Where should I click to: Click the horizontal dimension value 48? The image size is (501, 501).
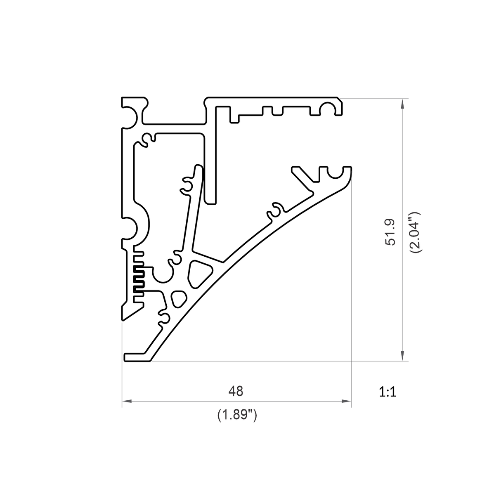236,391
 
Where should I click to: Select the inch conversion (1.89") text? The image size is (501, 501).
237,415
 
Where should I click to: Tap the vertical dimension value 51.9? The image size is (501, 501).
390,232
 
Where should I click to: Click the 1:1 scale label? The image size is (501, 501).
388,392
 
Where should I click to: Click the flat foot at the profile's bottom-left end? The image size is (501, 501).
136,357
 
